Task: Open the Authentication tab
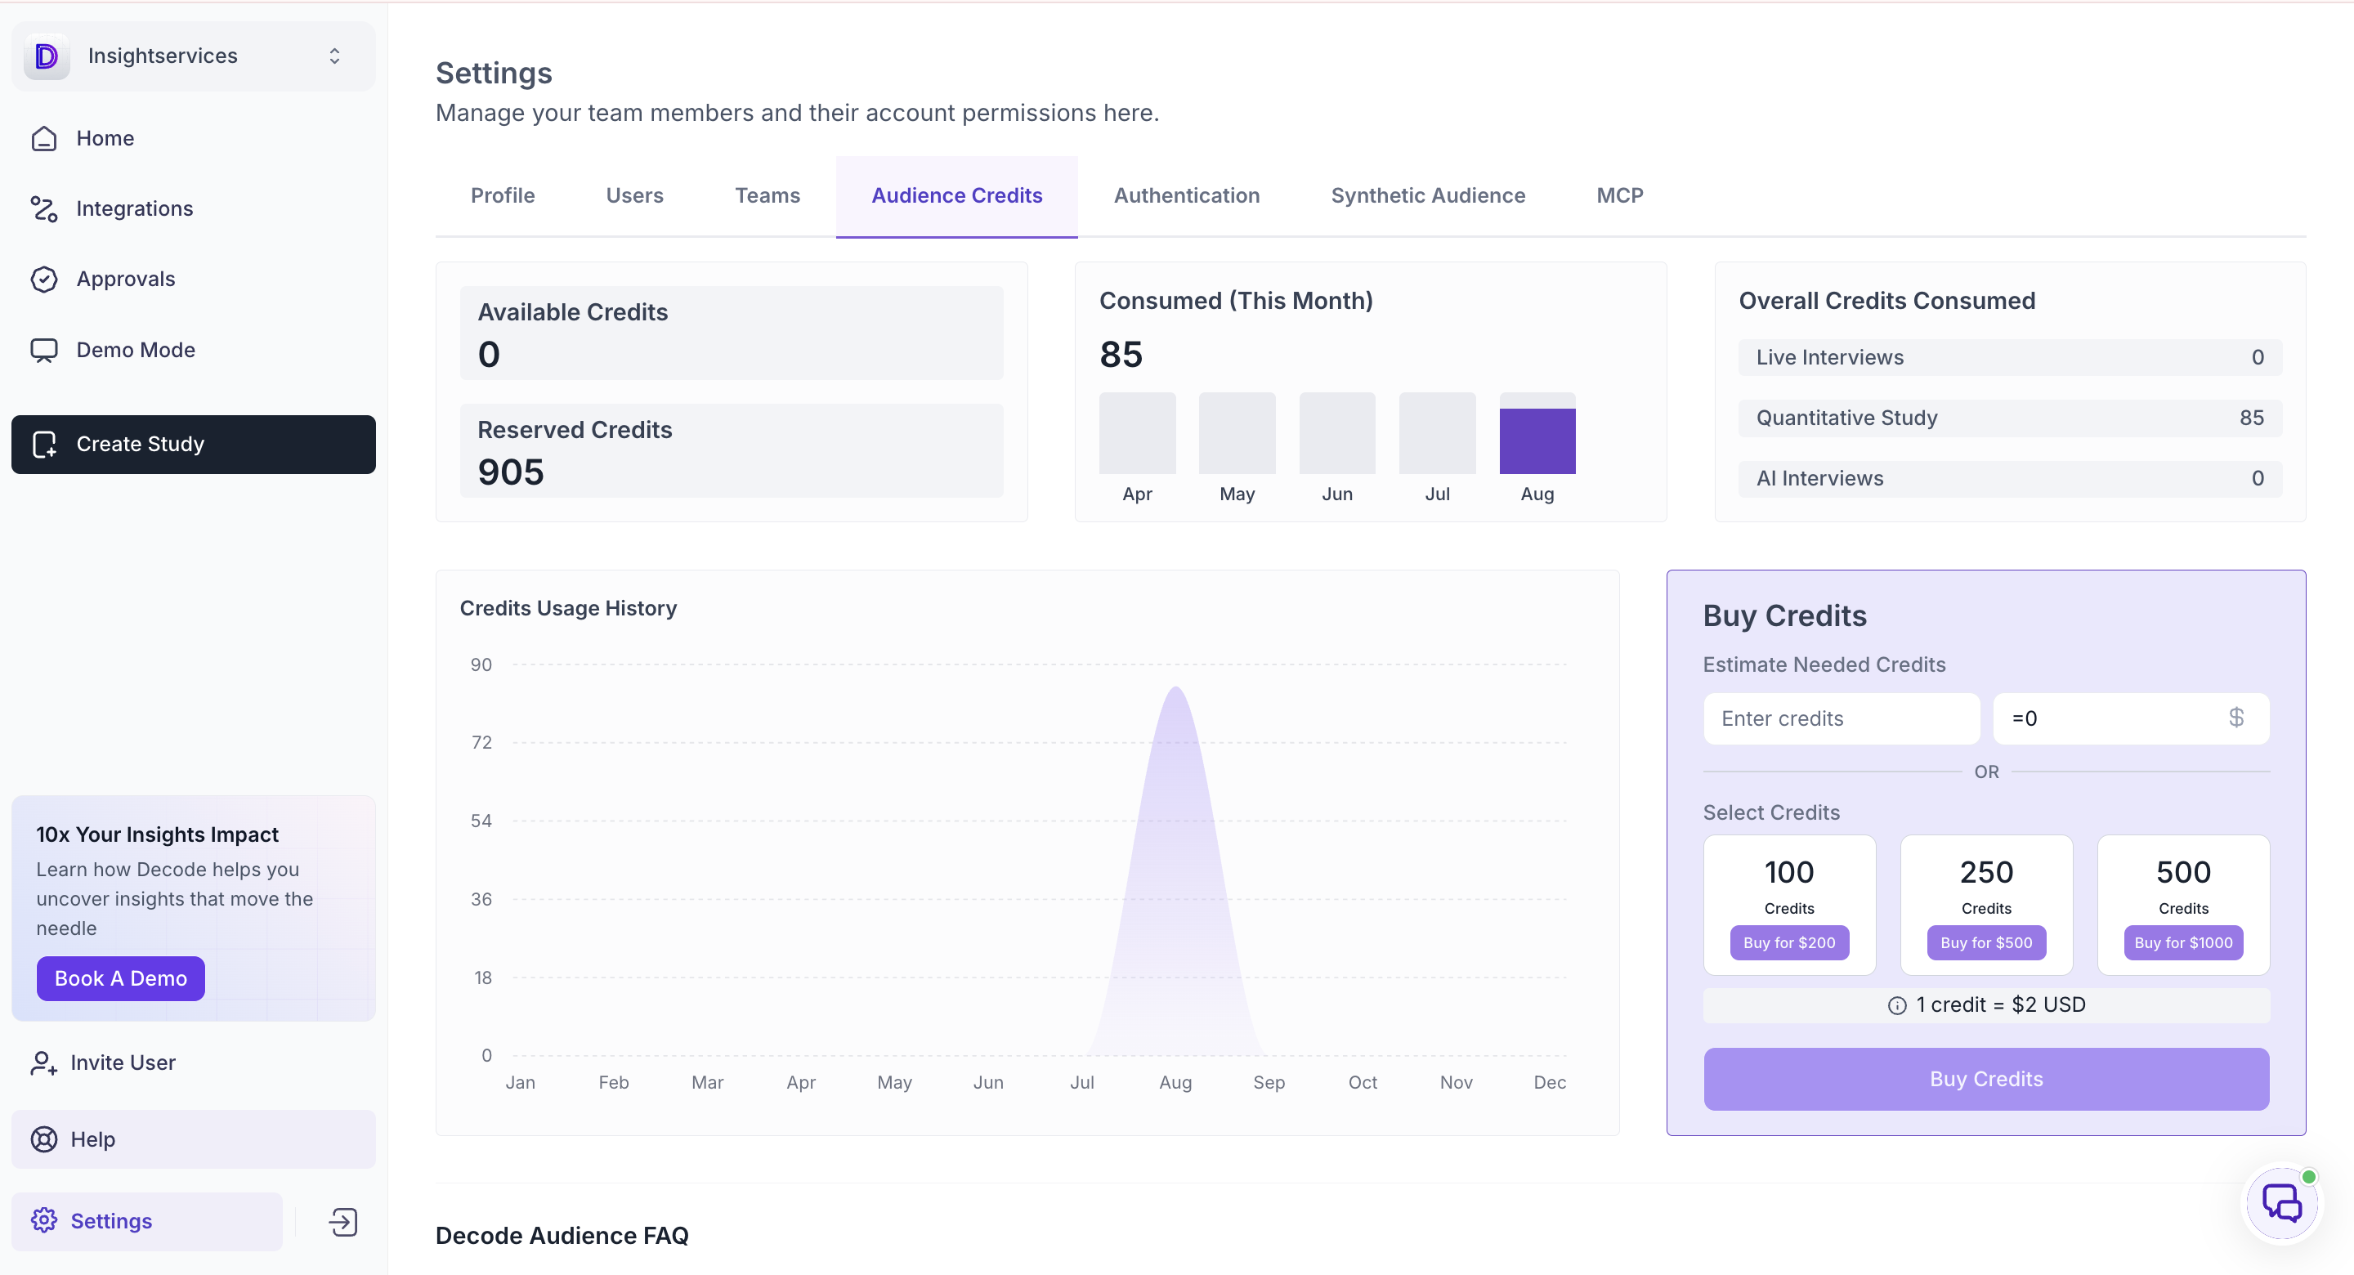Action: pyautogui.click(x=1186, y=195)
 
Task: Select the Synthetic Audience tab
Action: pyautogui.click(x=1427, y=195)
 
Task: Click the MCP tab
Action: pyautogui.click(x=1619, y=195)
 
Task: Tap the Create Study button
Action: pyautogui.click(x=194, y=444)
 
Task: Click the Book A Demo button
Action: pyautogui.click(x=121, y=978)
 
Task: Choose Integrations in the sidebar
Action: pyautogui.click(x=134, y=208)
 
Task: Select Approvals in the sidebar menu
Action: pyautogui.click(x=125, y=279)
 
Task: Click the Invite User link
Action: pyautogui.click(x=123, y=1062)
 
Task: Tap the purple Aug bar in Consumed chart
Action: pyautogui.click(x=1537, y=441)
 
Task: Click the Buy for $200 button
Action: pyautogui.click(x=1788, y=942)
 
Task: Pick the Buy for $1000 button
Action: pyautogui.click(x=2183, y=942)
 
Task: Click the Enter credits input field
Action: pyautogui.click(x=1842, y=718)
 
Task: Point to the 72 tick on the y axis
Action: pyautogui.click(x=481, y=742)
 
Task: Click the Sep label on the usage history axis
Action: pyautogui.click(x=1269, y=1082)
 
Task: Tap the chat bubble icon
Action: pyautogui.click(x=2282, y=1204)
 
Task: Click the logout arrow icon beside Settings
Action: pyautogui.click(x=342, y=1222)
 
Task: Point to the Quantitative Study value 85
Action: pyautogui.click(x=2252, y=418)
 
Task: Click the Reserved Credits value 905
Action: pyautogui.click(x=511, y=472)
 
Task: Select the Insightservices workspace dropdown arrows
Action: pyautogui.click(x=334, y=56)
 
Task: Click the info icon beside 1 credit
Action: pyautogui.click(x=1897, y=1005)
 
